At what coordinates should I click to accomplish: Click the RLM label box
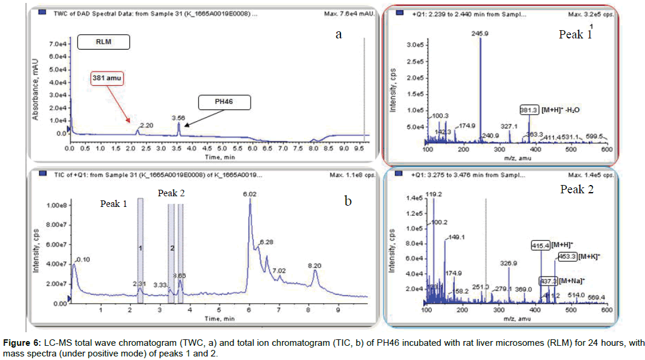103,43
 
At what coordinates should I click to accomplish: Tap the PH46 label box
225,102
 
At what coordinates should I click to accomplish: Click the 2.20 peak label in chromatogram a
145,125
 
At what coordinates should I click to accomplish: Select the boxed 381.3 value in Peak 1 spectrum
529,110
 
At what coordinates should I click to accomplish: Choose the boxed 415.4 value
540,244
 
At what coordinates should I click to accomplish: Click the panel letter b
348,201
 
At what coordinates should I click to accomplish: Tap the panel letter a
339,34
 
